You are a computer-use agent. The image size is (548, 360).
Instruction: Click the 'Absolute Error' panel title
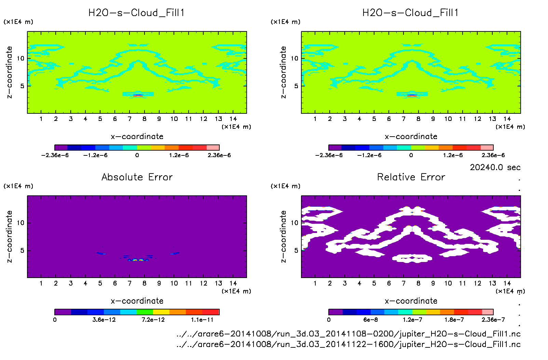(137, 177)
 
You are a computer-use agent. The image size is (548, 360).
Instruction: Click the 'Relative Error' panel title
(411, 177)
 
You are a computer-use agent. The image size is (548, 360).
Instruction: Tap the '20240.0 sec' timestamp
(495, 167)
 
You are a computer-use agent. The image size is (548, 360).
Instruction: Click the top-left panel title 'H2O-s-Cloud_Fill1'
(137, 13)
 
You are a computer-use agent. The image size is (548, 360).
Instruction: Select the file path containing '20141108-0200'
(348, 334)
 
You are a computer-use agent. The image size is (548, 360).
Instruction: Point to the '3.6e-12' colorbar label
(104, 320)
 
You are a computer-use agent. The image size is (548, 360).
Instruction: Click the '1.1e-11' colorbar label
(202, 320)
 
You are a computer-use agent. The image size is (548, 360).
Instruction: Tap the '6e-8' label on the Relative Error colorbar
(370, 320)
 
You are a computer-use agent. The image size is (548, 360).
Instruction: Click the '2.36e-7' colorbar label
(493, 320)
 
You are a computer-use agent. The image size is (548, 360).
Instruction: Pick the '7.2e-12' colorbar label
(153, 320)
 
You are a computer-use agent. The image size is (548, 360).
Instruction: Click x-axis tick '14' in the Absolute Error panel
(233, 283)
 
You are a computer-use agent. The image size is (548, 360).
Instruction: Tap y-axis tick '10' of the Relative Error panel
(294, 223)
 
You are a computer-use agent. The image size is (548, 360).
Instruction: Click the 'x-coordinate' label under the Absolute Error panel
(137, 301)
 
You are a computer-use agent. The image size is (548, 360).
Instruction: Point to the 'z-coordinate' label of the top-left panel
(9, 72)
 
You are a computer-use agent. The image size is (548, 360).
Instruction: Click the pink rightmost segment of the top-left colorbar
(213, 148)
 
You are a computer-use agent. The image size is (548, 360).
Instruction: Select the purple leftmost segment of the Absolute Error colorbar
(63, 312)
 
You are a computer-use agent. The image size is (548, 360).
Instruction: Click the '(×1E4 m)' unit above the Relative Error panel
(285, 186)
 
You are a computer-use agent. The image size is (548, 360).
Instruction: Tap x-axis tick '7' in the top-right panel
(403, 119)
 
